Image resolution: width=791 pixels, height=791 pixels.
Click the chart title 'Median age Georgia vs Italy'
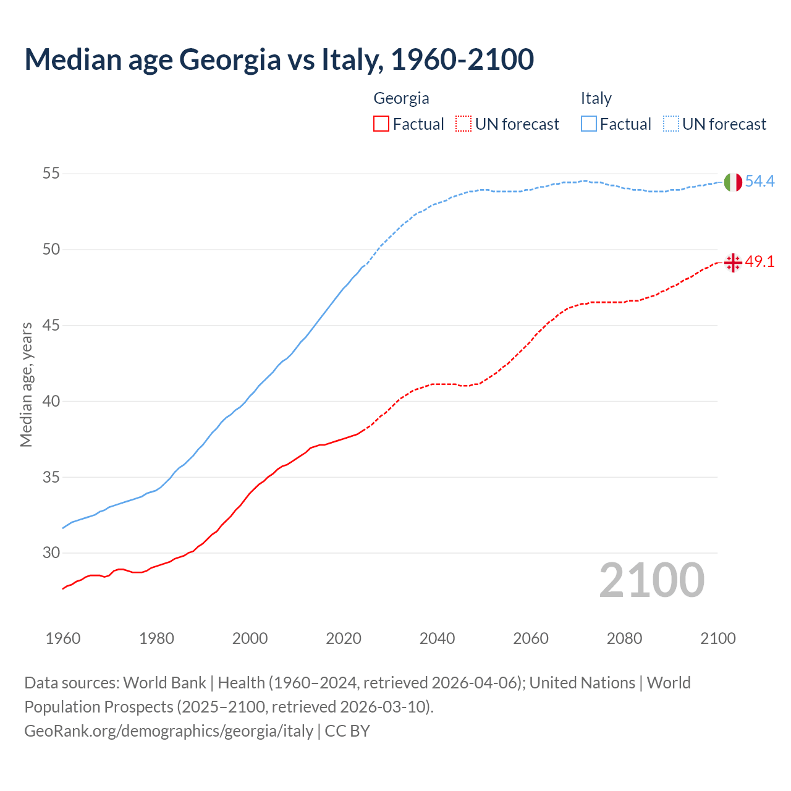(x=279, y=60)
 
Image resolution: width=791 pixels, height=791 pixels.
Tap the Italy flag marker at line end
(x=733, y=182)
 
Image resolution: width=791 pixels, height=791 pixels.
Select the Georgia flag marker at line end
(x=733, y=263)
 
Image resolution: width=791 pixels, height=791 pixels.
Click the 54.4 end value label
(x=759, y=182)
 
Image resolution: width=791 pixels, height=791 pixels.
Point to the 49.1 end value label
(x=759, y=262)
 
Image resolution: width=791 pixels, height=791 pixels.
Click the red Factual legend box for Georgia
(x=381, y=124)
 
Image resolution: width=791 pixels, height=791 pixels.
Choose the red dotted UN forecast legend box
(x=463, y=124)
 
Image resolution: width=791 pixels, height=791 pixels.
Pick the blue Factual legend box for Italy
(x=589, y=124)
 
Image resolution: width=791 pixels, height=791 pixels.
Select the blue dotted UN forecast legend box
(x=671, y=124)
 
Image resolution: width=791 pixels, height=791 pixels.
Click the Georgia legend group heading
(x=401, y=98)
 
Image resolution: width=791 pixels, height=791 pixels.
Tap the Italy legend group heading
(x=596, y=98)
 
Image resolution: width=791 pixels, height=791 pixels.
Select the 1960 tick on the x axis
(x=63, y=638)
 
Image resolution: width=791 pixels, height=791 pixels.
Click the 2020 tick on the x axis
(x=344, y=638)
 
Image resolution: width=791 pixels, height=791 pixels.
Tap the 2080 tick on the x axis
(x=624, y=638)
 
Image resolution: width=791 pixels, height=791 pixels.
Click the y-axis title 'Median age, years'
(x=27, y=384)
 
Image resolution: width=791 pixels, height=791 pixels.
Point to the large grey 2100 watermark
(x=651, y=580)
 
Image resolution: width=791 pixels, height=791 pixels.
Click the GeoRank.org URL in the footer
(x=169, y=731)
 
